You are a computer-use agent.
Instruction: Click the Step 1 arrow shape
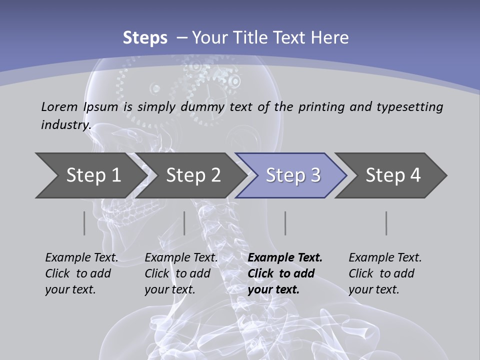(x=90, y=175)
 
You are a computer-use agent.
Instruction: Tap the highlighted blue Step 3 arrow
(x=292, y=175)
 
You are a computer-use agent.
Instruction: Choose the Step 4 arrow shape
(x=392, y=175)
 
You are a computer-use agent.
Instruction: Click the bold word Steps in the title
(x=145, y=38)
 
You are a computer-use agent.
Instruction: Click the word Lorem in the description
(x=59, y=106)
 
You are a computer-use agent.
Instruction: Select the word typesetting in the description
(x=409, y=106)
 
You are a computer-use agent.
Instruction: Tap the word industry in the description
(x=65, y=124)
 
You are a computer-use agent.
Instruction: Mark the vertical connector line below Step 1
(x=84, y=223)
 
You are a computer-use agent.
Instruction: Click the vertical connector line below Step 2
(x=184, y=223)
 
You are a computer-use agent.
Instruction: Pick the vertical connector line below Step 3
(x=285, y=223)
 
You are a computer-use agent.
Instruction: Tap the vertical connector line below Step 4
(x=386, y=223)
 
